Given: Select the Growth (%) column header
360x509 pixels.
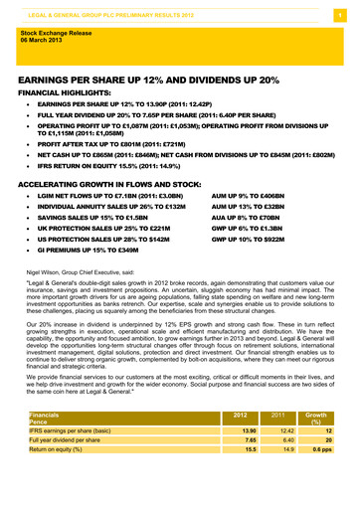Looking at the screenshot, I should click(x=317, y=444).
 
